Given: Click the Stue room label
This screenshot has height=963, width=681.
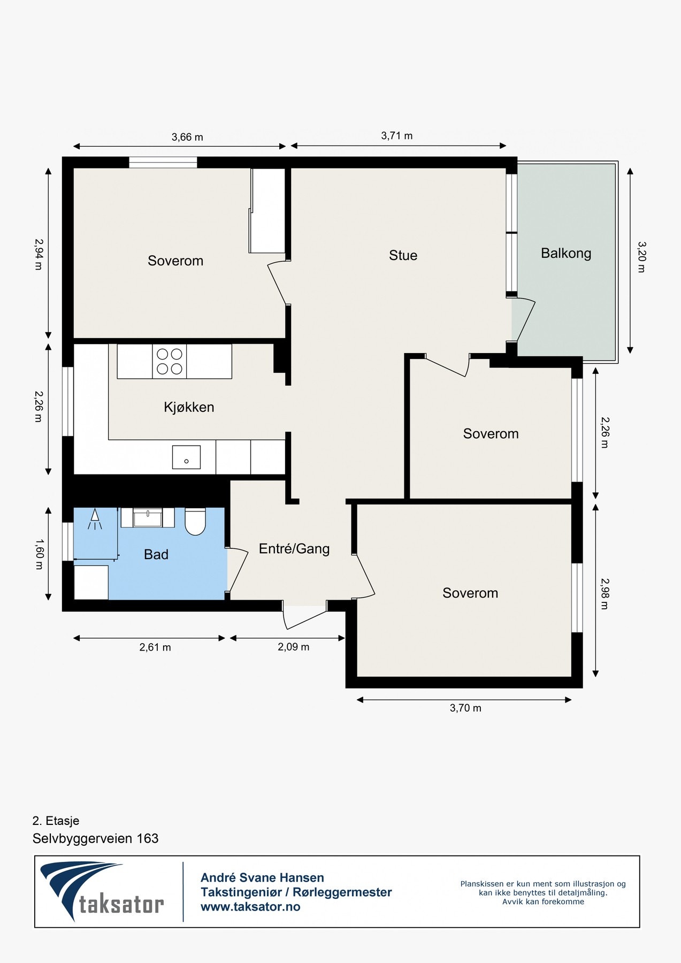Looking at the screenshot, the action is (403, 255).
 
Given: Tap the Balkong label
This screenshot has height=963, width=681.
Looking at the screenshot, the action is (566, 253).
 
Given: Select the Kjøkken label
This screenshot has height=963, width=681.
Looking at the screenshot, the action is (189, 407).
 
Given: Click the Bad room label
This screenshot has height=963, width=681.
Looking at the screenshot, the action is (156, 554).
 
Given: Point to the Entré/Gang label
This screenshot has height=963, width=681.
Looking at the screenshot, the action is (294, 548).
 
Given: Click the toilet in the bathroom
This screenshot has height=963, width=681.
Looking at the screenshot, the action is (195, 521).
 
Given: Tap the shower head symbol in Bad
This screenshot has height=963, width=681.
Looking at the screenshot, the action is (95, 519).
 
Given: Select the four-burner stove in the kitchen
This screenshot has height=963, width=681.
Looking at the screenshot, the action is (170, 361).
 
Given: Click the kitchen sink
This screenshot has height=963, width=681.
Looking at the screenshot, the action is (186, 457).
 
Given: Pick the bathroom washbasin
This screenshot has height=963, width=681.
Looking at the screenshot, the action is (148, 517).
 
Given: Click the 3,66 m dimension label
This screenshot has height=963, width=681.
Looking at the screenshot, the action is (187, 137).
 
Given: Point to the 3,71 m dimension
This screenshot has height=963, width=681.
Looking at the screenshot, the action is (397, 136).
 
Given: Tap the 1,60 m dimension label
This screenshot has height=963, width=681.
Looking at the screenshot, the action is (38, 554).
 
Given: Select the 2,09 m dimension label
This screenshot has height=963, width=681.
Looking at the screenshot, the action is (293, 647).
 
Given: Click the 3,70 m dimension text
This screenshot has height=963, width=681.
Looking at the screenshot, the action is (465, 708).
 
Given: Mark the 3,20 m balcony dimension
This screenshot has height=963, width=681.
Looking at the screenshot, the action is (642, 257).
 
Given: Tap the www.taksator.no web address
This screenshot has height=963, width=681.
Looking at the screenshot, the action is (250, 907).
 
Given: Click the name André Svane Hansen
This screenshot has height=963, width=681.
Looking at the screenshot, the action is (262, 877).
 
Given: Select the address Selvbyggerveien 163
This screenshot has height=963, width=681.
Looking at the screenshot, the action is (96, 838).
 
